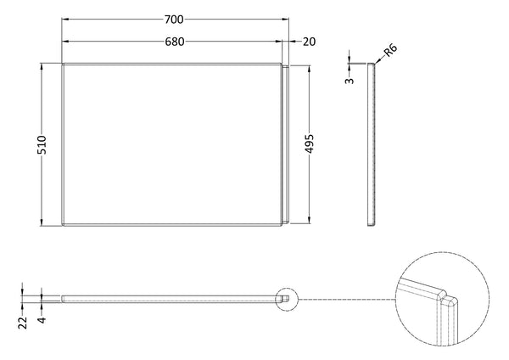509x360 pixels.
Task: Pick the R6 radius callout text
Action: click(390, 53)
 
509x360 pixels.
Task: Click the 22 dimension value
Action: click(21, 321)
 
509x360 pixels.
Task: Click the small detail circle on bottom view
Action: click(288, 298)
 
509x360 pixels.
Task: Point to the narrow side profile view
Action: click(372, 144)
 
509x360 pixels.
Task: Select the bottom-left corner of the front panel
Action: click(63, 226)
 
